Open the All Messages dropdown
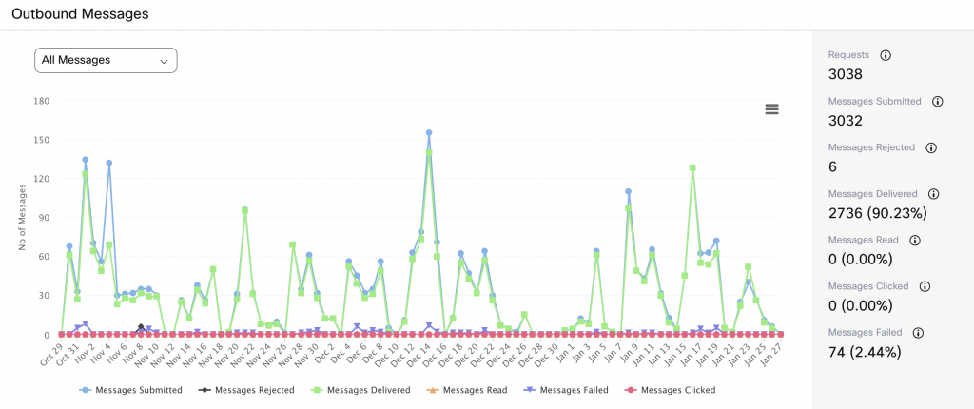point(106,60)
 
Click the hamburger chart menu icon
point(772,109)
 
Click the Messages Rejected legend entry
point(247,389)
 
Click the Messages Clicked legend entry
point(671,389)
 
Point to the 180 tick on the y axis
point(41,100)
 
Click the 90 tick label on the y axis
point(44,217)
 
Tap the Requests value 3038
point(846,74)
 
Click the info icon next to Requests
point(886,55)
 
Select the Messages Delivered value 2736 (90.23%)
point(878,213)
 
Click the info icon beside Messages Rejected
point(931,147)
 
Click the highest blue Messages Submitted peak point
point(429,133)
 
